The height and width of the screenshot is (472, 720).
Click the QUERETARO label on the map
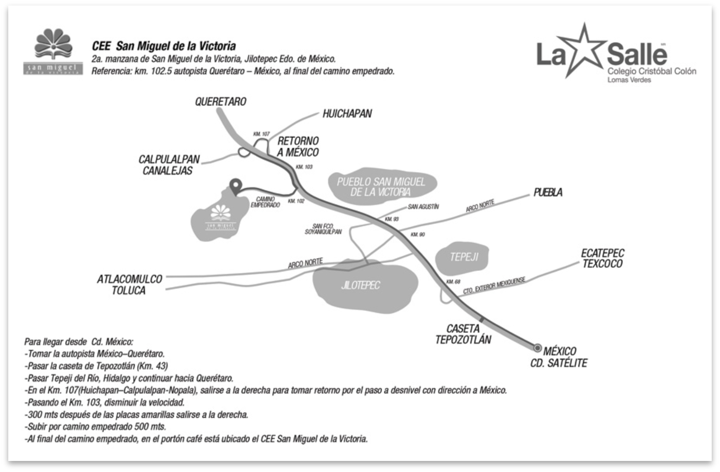[x=221, y=102]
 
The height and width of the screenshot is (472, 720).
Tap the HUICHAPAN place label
[x=347, y=113]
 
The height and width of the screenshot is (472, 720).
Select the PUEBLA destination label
[x=548, y=192]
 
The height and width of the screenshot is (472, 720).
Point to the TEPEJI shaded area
[x=463, y=257]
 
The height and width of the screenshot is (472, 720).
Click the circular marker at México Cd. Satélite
[x=537, y=347]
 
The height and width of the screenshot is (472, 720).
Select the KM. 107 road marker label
[x=262, y=134]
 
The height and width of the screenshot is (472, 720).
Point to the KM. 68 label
[x=453, y=282]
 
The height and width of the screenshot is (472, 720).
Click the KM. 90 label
[x=417, y=235]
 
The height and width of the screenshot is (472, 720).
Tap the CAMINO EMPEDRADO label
[x=265, y=202]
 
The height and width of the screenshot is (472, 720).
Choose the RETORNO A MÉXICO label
[x=297, y=146]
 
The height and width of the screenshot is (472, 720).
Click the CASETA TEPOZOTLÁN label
[x=463, y=334]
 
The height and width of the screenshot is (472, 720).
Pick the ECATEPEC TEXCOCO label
[x=602, y=258]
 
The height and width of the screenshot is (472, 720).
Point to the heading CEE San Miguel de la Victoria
[x=164, y=46]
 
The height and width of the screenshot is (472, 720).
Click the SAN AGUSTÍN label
[x=423, y=207]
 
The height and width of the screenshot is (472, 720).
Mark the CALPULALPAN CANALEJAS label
[x=169, y=165]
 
